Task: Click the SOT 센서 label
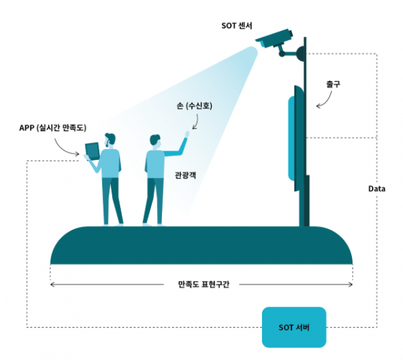pyautogui.click(x=237, y=26)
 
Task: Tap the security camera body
pyautogui.click(x=274, y=40)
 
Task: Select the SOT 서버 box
pyautogui.click(x=294, y=327)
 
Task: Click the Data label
pyautogui.click(x=377, y=189)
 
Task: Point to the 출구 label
pyautogui.click(x=333, y=84)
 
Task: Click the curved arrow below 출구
pyautogui.click(x=327, y=100)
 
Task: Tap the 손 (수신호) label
pyautogui.click(x=194, y=106)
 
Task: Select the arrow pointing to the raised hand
pyautogui.click(x=196, y=122)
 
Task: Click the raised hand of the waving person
pyautogui.click(x=187, y=134)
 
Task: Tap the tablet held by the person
pyautogui.click(x=92, y=151)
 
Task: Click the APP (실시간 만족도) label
pyautogui.click(x=53, y=128)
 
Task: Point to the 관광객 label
pyautogui.click(x=186, y=175)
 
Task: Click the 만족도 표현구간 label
pyautogui.click(x=204, y=284)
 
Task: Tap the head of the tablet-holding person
pyautogui.click(x=109, y=140)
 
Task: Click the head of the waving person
pyautogui.click(x=155, y=141)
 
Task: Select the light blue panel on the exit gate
pyautogui.click(x=291, y=139)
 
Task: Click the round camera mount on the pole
pyautogui.click(x=300, y=53)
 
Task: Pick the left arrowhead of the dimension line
pyautogui.click(x=52, y=284)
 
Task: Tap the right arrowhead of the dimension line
pyautogui.click(x=350, y=284)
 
